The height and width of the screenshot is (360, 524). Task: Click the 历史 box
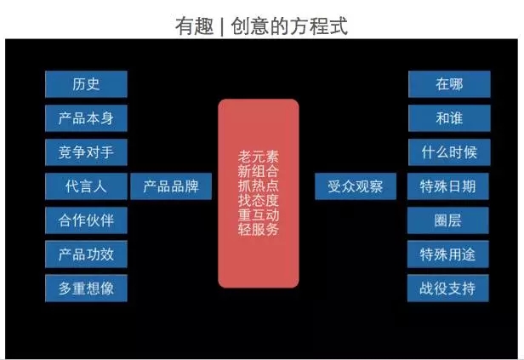click(86, 84)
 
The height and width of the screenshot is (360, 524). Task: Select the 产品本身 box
click(86, 118)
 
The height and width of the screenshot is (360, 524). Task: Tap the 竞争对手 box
click(86, 152)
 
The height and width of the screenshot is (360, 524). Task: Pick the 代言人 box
click(86, 186)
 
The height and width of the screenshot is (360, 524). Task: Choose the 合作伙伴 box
click(86, 220)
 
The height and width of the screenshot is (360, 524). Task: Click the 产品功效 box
click(86, 254)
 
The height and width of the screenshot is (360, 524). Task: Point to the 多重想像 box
click(86, 289)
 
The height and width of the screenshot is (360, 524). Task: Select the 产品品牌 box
click(171, 186)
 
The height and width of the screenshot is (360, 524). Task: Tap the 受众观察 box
click(356, 186)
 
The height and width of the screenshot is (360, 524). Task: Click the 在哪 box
click(449, 84)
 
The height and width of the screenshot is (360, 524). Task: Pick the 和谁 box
click(449, 118)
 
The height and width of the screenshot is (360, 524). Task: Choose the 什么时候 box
click(449, 152)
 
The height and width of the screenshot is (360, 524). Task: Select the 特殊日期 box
click(448, 186)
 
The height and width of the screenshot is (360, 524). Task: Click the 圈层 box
click(448, 220)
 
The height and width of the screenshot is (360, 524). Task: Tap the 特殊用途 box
click(448, 254)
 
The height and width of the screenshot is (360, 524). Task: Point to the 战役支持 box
click(448, 289)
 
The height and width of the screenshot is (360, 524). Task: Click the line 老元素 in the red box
click(259, 157)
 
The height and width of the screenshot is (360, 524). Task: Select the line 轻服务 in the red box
click(259, 229)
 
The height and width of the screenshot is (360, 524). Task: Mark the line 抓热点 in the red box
click(259, 186)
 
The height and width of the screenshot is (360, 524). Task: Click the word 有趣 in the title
click(195, 26)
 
